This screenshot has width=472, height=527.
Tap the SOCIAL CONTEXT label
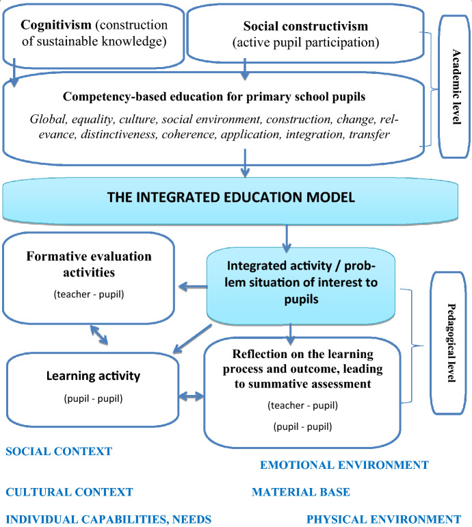pos(58,451)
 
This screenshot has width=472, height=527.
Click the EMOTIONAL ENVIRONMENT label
pos(344,465)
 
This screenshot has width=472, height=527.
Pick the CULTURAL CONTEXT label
pos(69,491)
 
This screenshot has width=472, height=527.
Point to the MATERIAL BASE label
pos(301,491)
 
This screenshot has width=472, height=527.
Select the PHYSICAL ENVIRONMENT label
pos(384,519)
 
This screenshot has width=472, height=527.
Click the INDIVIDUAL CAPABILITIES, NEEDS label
pos(108,519)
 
